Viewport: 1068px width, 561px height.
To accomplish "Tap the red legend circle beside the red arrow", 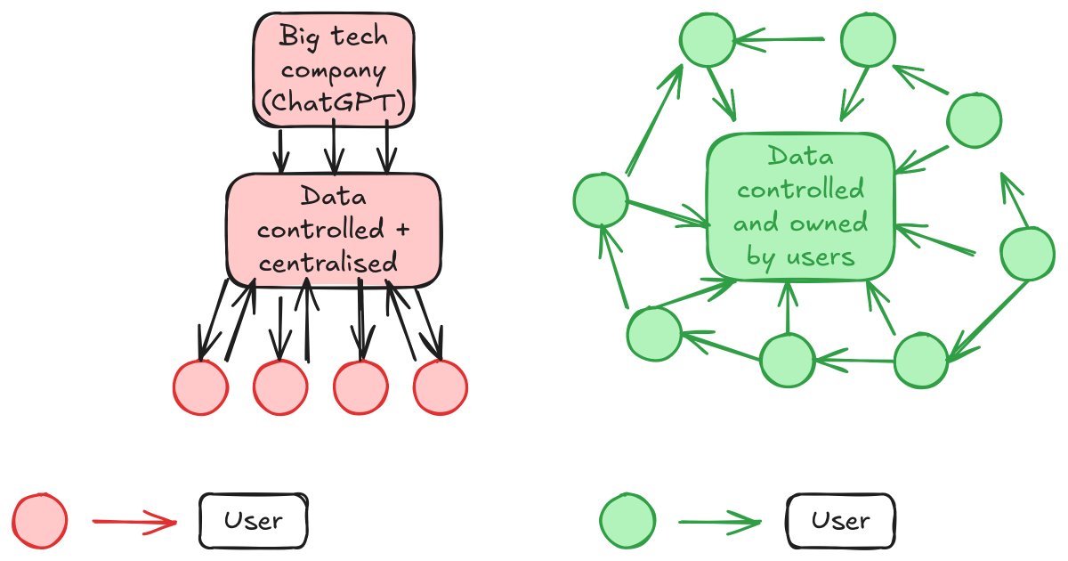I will click(x=40, y=520).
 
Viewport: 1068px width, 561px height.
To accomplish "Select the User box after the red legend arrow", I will click(x=254, y=520).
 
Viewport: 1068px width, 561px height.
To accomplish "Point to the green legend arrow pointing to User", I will click(x=719, y=522).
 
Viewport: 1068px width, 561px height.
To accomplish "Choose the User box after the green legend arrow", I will click(x=841, y=520).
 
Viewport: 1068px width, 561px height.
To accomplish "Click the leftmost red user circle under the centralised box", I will click(x=200, y=387).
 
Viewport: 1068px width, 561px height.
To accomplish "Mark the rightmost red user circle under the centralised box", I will click(x=441, y=388).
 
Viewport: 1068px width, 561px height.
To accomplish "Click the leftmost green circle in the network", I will click(x=601, y=199).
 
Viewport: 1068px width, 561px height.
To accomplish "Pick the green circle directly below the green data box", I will click(x=787, y=361).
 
